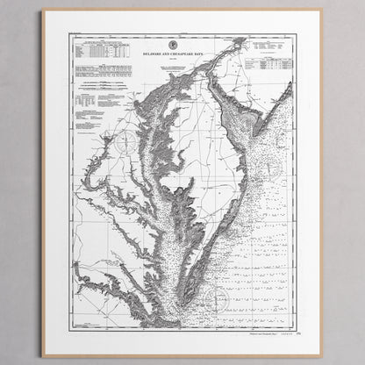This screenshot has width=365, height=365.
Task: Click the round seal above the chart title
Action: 181,44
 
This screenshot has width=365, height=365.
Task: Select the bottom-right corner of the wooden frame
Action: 320,354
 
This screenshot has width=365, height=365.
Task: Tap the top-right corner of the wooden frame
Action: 320,11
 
